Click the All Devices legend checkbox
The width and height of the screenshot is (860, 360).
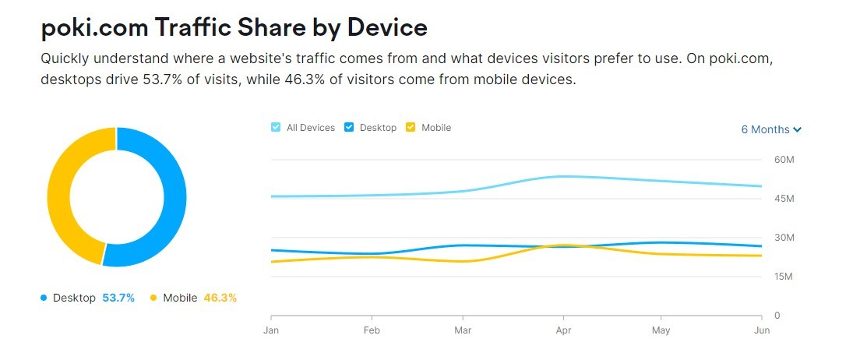(276, 128)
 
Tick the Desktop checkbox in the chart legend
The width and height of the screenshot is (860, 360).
(349, 128)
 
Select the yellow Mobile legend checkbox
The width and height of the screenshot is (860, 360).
(411, 128)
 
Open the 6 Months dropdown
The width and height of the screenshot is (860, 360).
(770, 129)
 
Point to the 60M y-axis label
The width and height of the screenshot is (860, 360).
(783, 160)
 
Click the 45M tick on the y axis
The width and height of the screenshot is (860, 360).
(783, 199)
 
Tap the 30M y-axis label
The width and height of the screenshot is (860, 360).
(783, 238)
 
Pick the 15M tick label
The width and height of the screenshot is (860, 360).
(783, 277)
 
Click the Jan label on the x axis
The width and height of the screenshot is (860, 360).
(271, 330)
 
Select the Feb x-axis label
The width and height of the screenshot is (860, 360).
(372, 330)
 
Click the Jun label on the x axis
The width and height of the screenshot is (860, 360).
(762, 330)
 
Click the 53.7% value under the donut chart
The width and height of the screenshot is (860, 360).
(118, 298)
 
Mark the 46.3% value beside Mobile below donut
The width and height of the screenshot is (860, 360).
(220, 298)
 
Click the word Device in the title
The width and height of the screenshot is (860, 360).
(387, 27)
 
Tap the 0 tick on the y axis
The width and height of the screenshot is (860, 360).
(776, 316)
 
